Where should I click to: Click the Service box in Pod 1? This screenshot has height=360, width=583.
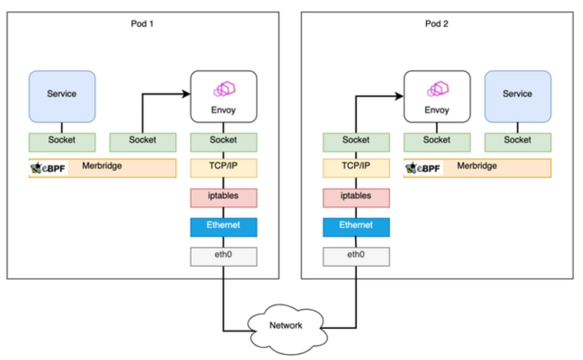click(62, 96)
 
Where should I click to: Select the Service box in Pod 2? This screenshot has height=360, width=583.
click(518, 96)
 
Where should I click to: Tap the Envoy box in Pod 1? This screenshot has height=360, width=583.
click(223, 96)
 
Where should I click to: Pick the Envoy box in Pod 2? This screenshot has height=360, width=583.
click(437, 96)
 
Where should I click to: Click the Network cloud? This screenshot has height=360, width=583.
click(286, 326)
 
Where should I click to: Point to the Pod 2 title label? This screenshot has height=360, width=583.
click(437, 23)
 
